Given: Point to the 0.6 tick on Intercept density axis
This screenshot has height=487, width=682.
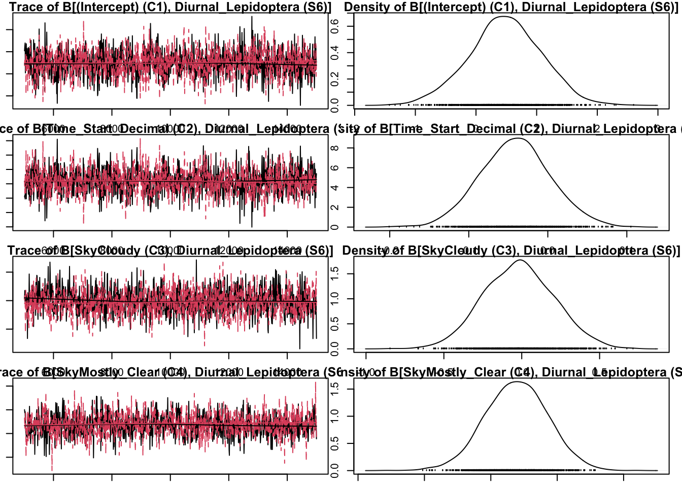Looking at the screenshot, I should [335, 25].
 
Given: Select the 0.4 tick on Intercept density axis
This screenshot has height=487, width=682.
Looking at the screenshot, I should [335, 52].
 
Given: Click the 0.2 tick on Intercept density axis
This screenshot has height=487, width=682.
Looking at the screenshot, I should [335, 79].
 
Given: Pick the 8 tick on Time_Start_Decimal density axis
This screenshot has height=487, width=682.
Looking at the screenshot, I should [335, 148].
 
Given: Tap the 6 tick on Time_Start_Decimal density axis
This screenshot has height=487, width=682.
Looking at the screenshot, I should [335, 168].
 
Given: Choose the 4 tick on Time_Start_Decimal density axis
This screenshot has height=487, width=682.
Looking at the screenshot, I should [335, 188].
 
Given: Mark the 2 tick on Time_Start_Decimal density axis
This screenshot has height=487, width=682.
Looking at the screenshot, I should [335, 207].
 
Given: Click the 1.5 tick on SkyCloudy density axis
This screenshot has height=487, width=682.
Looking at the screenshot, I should [335, 273].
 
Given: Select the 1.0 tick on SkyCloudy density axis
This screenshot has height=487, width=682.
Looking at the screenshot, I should [335, 299].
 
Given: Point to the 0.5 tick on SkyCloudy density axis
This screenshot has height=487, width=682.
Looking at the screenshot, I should [335, 324].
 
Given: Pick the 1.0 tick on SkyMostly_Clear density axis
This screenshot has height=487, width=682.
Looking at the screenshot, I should [335, 416].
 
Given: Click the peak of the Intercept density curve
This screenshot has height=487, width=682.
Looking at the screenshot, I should [502, 17].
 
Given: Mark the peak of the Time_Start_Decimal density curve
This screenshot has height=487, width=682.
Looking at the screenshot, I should [518, 138].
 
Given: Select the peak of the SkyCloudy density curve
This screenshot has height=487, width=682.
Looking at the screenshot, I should [521, 260].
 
